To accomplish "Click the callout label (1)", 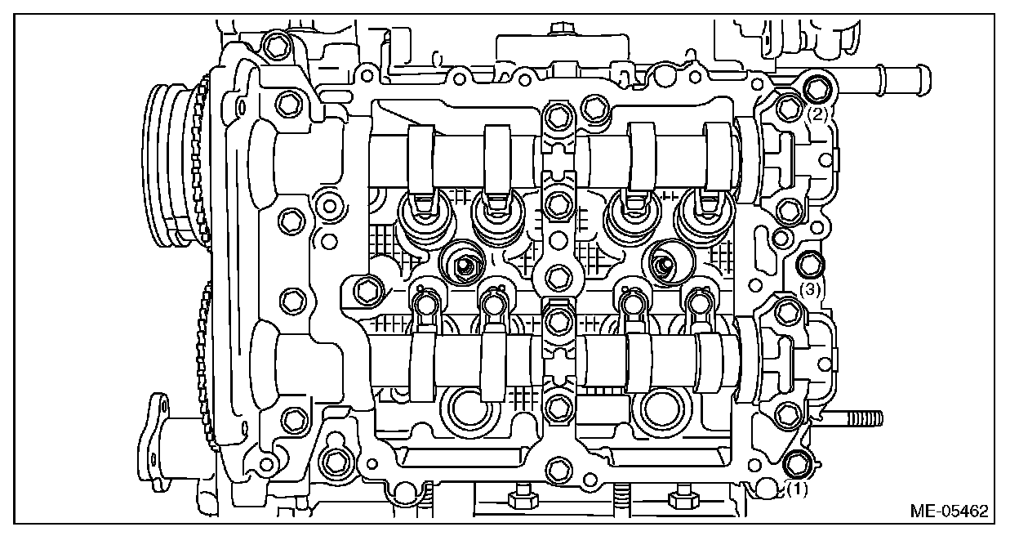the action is click(797, 489).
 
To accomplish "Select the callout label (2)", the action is click(819, 114).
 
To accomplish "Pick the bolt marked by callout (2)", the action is click(816, 88).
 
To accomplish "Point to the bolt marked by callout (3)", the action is click(808, 264).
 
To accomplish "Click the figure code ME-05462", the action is click(949, 511).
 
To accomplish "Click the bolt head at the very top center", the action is click(559, 30).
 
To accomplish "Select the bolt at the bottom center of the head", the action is click(558, 469).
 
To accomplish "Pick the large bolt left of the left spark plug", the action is click(367, 288).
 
